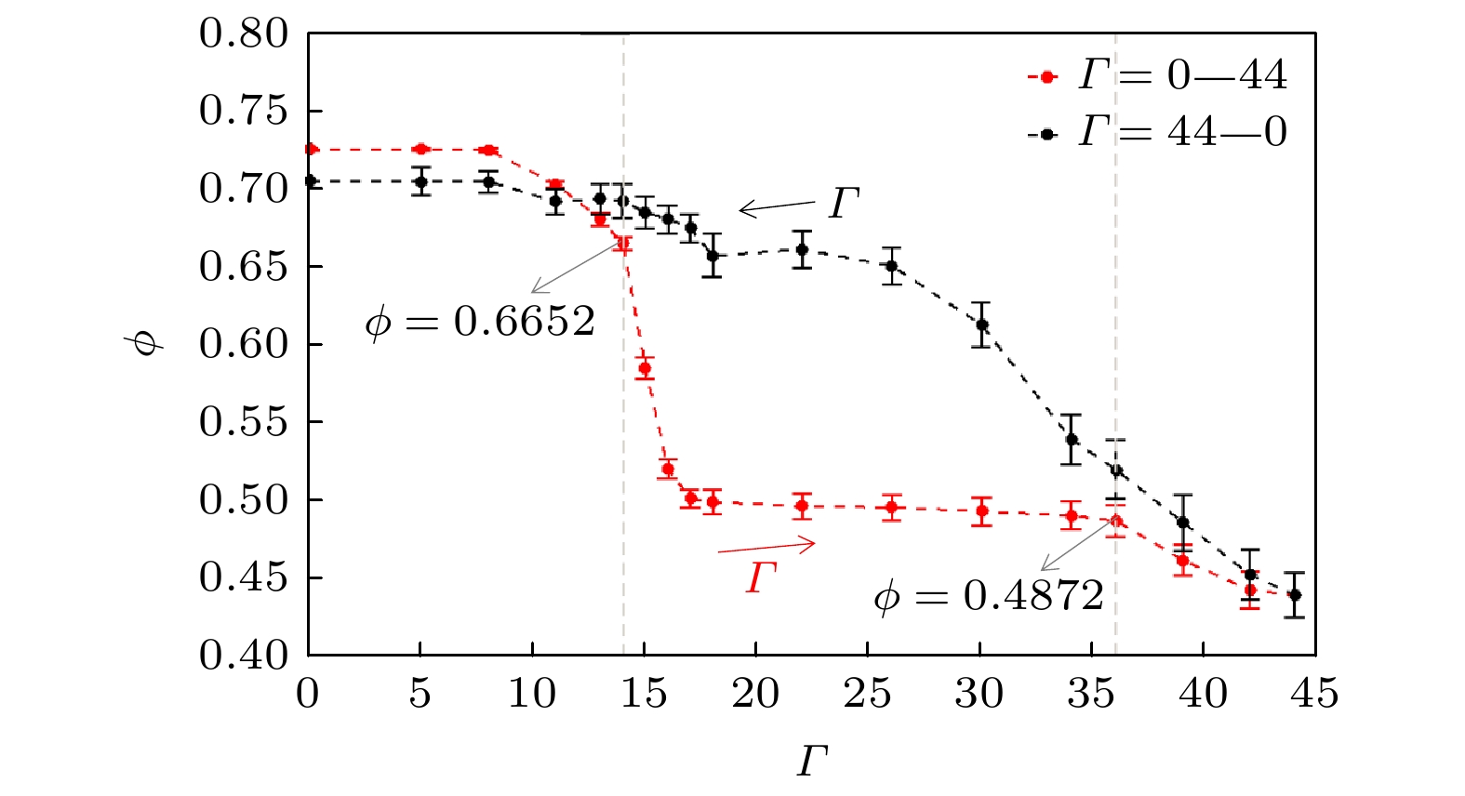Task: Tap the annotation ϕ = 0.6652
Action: (x=480, y=322)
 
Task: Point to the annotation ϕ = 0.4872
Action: (x=989, y=595)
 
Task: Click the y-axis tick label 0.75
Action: (x=245, y=111)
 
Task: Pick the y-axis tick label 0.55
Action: (x=245, y=422)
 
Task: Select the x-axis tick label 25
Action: (x=867, y=694)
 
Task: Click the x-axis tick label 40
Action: (x=1203, y=694)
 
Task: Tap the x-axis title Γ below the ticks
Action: (x=812, y=762)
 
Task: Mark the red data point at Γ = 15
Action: (x=645, y=369)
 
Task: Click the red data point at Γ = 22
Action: (x=801, y=507)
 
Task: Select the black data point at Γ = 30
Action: (x=981, y=325)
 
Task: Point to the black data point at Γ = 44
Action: (x=1294, y=595)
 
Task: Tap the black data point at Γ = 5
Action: (x=420, y=181)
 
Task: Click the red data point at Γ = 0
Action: (x=311, y=149)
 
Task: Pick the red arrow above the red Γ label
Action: (x=766, y=547)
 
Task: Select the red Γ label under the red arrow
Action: (x=761, y=577)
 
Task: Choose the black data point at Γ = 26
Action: (x=891, y=266)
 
